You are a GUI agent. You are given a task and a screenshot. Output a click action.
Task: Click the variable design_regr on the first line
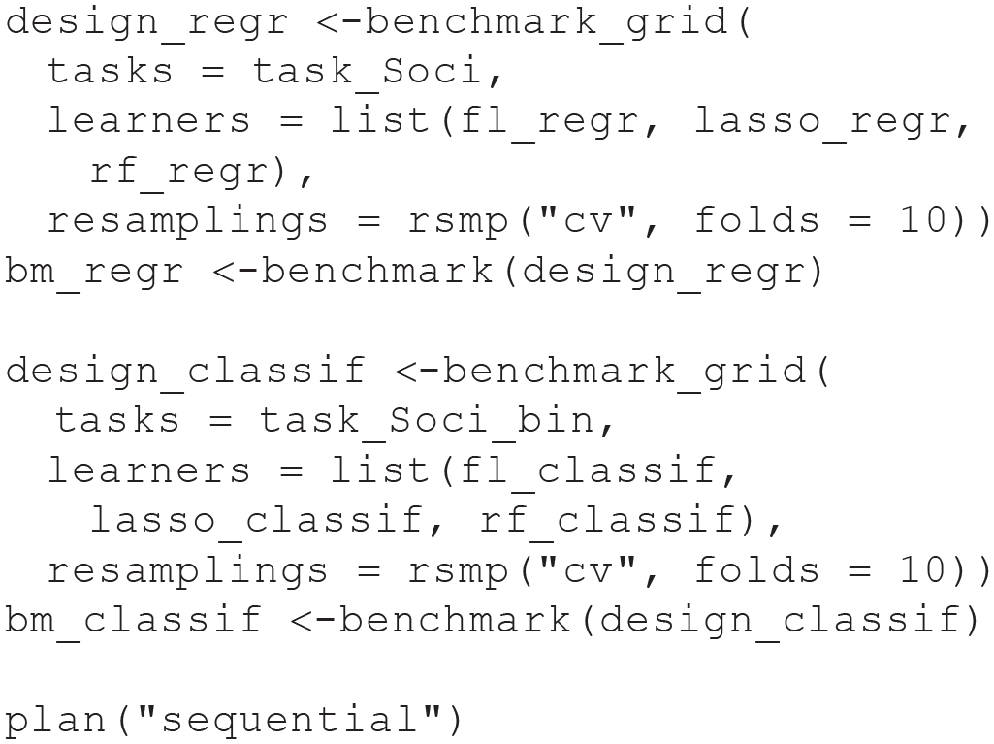146,23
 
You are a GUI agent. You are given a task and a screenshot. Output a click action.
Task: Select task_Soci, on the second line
377,71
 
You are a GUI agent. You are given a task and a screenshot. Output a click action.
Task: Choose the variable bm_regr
94,273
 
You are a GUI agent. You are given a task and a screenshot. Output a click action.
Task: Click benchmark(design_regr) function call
542,273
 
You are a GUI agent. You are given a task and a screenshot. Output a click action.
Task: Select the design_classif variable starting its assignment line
185,372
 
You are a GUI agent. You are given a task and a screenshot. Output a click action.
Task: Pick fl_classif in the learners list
588,471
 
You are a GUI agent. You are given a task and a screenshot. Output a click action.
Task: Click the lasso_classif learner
256,521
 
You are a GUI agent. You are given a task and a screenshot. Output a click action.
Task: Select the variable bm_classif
133,620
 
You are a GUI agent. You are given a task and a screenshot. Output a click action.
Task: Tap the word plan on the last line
56,722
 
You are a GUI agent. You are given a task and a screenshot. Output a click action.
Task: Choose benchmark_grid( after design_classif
636,372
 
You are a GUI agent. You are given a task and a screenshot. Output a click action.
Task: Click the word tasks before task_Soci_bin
118,421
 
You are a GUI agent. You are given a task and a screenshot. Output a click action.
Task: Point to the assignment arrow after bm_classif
314,621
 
